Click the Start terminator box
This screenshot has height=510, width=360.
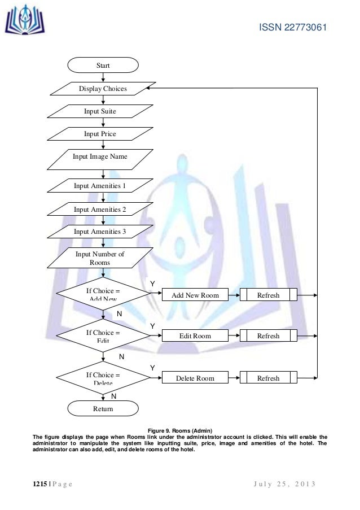coord(103,66)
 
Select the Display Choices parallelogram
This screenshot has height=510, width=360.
coord(103,89)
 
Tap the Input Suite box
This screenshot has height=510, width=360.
coord(100,111)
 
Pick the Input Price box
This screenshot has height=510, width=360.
coord(100,134)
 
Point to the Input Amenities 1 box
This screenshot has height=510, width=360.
coord(100,185)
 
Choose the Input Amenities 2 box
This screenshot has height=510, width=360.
coord(100,209)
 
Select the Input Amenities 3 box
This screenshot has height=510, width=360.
coord(100,232)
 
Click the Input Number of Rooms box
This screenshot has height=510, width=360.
coord(100,258)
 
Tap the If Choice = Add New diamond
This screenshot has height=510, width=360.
coord(103,294)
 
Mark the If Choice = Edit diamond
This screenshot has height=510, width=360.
coord(103,336)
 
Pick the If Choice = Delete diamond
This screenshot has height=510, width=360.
coord(103,378)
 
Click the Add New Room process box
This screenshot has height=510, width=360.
coord(195,295)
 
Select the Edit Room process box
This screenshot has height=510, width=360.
coord(195,336)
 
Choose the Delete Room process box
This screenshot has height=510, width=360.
coord(195,378)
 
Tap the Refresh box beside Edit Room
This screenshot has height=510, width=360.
coord(269,336)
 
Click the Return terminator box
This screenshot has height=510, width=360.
coord(103,408)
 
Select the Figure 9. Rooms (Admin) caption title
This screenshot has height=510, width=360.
coord(179,431)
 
